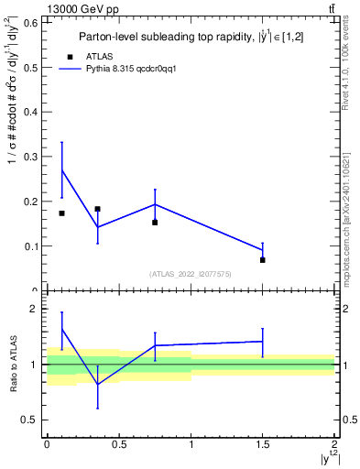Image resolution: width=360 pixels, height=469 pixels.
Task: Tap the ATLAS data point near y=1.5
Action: click(262, 260)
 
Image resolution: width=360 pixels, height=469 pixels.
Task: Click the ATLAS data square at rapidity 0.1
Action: click(61, 213)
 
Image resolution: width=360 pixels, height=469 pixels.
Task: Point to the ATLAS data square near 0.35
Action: click(97, 209)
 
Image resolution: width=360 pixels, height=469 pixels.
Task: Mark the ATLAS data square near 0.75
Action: click(155, 223)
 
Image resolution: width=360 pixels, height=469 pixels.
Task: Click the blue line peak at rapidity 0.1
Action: click(61, 169)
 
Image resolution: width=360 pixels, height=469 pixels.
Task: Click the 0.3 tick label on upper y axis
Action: click(32, 157)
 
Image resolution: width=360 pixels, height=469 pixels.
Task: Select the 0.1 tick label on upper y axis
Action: click(32, 245)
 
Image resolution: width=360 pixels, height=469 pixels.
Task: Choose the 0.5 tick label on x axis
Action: click(118, 444)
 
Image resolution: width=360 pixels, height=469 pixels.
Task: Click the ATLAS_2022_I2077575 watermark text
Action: click(190, 274)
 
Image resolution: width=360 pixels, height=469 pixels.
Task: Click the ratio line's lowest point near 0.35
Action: click(97, 385)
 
